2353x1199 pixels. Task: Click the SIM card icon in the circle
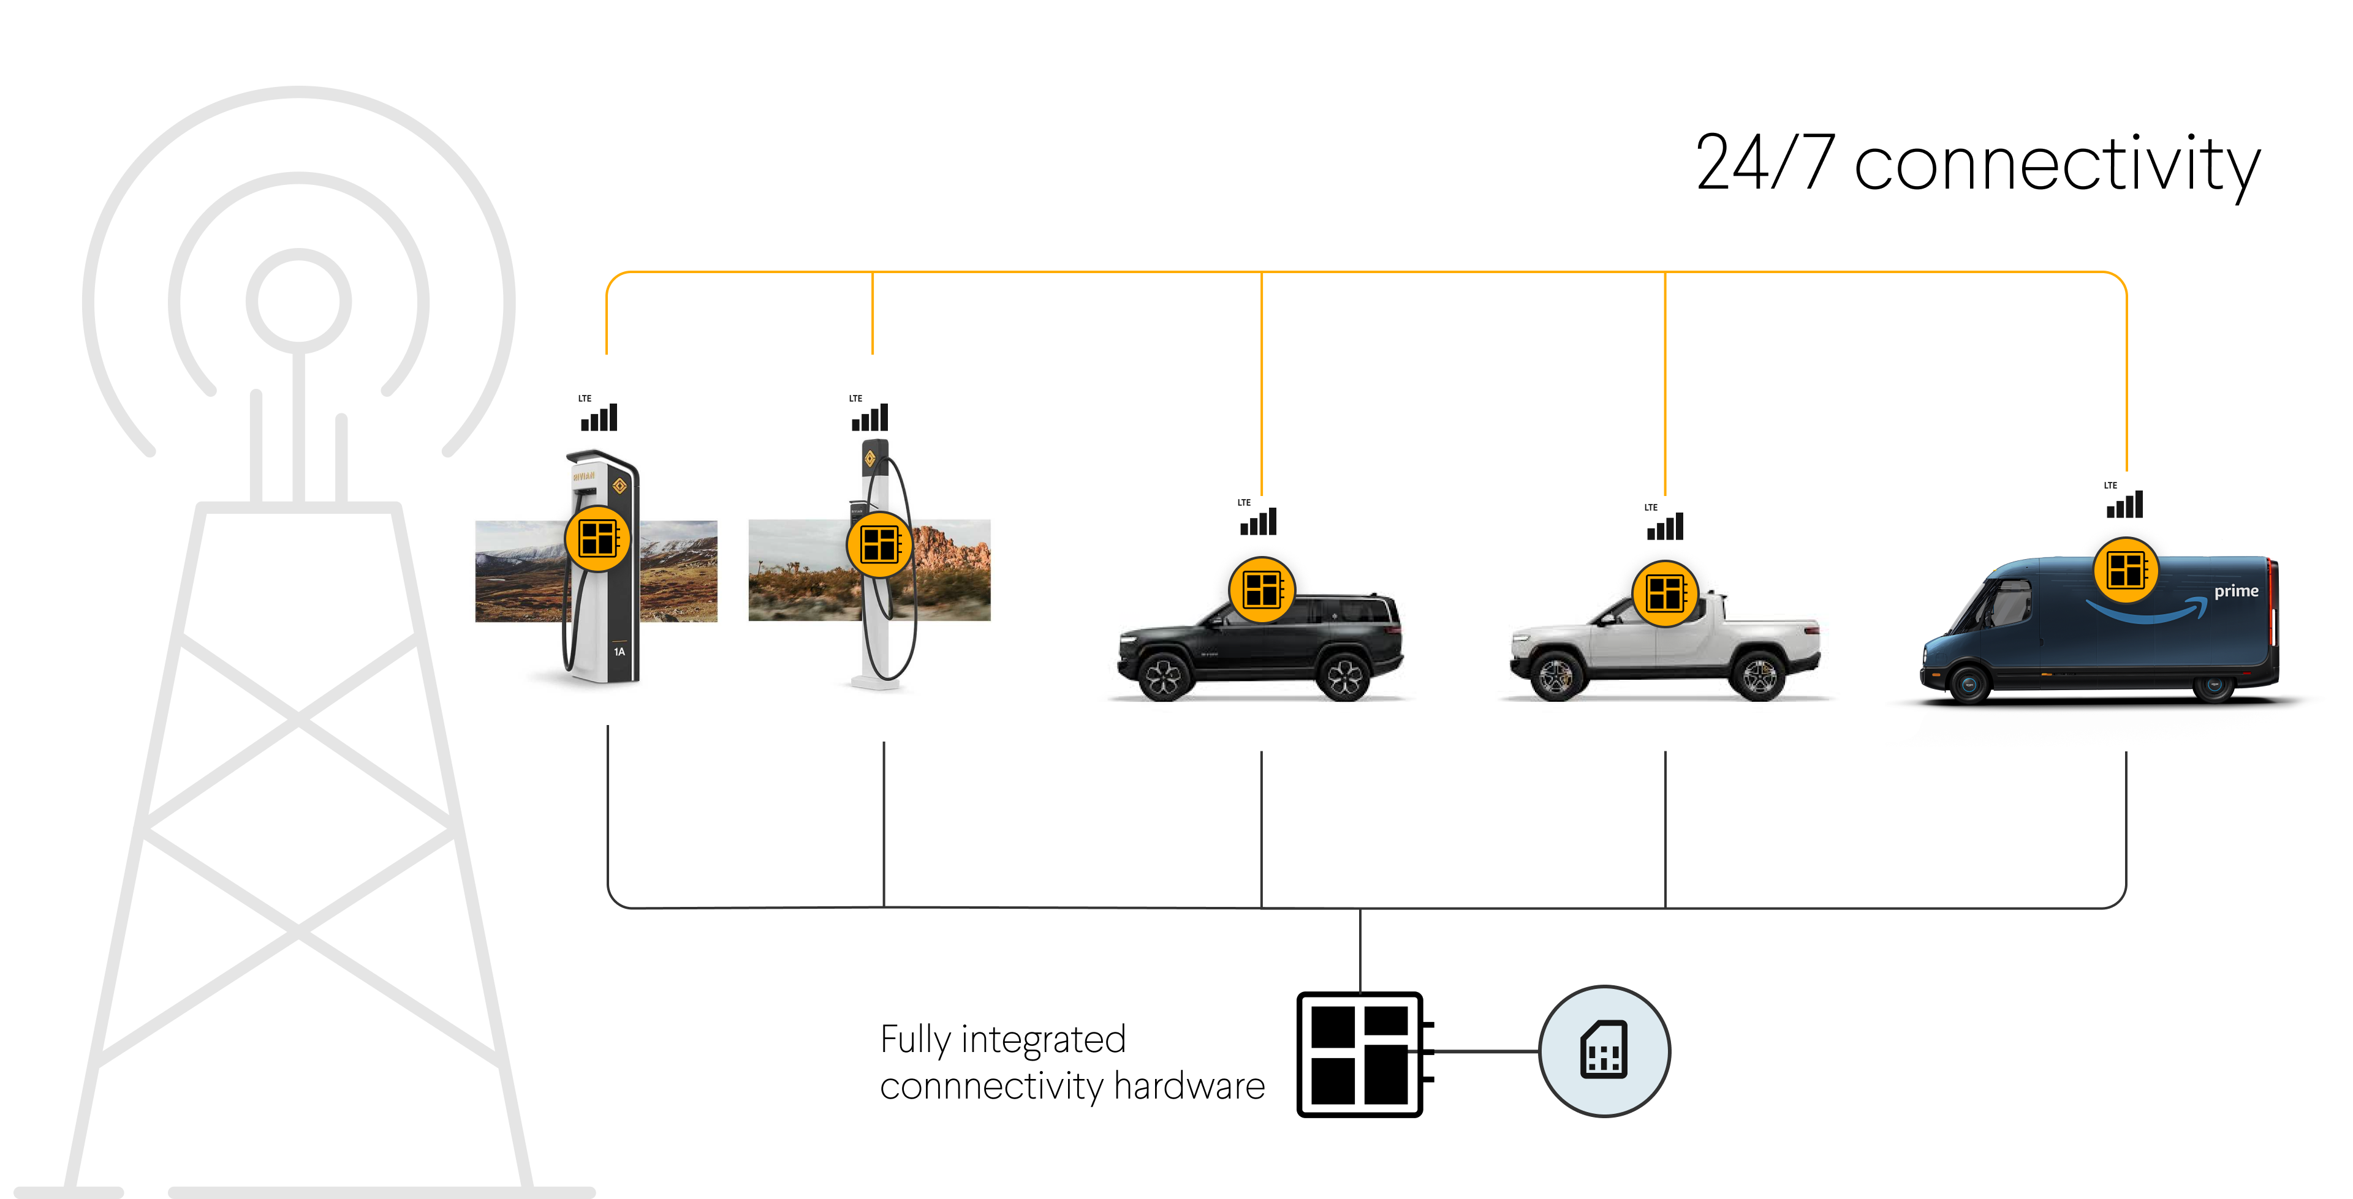pos(1604,1050)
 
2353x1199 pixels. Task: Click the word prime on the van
pos(2236,591)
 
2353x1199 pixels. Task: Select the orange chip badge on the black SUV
pos(1262,590)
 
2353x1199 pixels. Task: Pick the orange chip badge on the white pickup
pos(1665,593)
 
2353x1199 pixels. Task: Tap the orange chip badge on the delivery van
pos(2126,570)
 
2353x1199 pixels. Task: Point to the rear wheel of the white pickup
pos(1759,677)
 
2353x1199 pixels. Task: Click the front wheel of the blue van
pos(1968,684)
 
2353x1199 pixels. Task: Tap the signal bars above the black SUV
pos(1259,522)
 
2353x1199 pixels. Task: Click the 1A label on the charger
pos(620,652)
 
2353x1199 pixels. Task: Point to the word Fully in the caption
pos(915,1041)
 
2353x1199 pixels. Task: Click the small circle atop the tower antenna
pos(298,301)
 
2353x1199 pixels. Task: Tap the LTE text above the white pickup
pos(1651,508)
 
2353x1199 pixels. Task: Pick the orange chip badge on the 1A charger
pos(597,539)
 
